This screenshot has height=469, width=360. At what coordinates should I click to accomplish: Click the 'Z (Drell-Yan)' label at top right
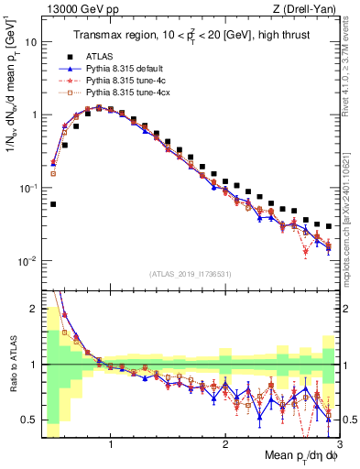[x=310, y=9]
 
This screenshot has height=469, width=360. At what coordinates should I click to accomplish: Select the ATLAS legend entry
[x=98, y=55]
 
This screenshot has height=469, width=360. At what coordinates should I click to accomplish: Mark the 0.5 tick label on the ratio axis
[x=29, y=420]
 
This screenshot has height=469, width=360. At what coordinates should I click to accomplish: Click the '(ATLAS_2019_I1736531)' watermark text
[x=191, y=274]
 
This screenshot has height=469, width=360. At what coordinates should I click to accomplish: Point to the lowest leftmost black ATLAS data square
[x=53, y=204]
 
